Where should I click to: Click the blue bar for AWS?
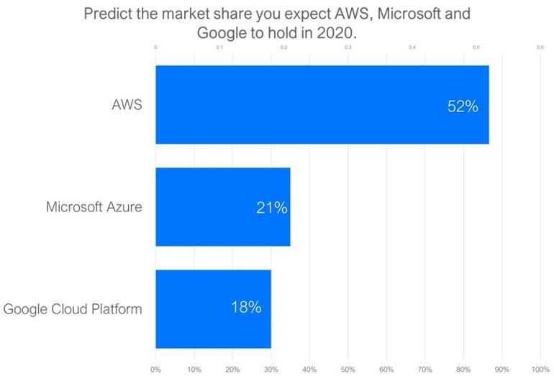coord(322,105)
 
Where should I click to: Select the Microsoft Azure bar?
coord(222,207)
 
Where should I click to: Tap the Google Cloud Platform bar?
coord(213,308)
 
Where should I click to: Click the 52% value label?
coord(463,106)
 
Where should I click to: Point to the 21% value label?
coord(271,208)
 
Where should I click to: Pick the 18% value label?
coord(245,308)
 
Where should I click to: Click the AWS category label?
coord(127,105)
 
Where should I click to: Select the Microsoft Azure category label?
coord(94,207)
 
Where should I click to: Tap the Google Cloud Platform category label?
coord(73,309)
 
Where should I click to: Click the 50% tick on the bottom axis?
coord(348,370)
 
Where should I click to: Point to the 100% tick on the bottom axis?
coord(540,370)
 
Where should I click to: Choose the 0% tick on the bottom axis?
coord(155,370)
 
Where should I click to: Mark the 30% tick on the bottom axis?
coord(271,370)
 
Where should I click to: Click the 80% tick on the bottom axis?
coord(463,370)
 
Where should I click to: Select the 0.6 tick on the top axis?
coord(540,48)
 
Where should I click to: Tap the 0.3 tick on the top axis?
coord(348,48)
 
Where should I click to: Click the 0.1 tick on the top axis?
coord(219,48)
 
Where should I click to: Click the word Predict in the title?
coord(108,14)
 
